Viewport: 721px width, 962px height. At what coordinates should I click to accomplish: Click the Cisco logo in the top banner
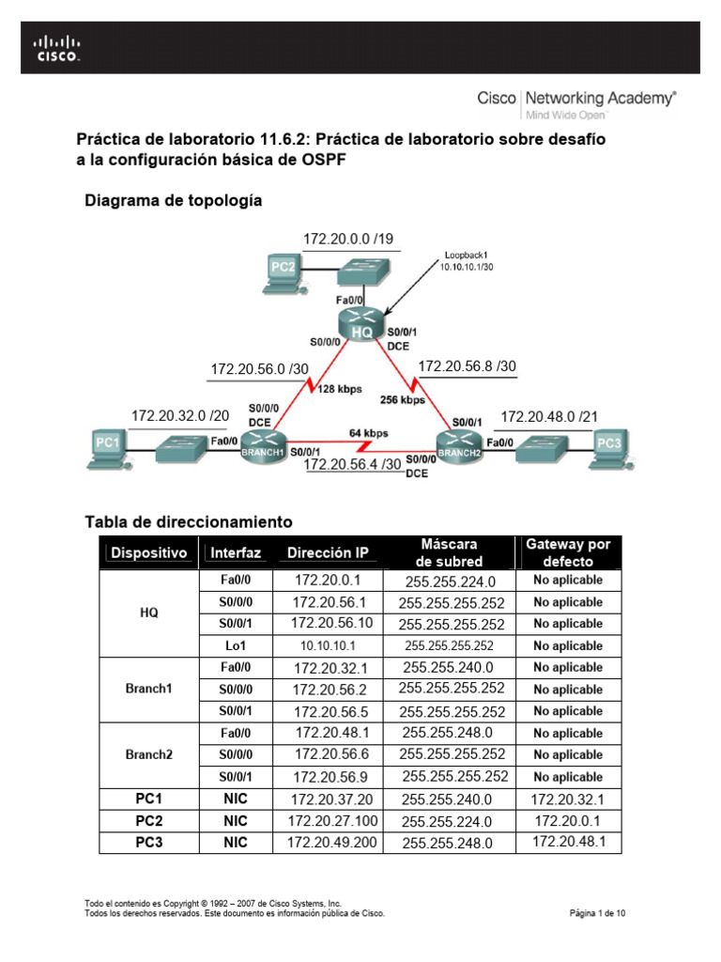(x=57, y=48)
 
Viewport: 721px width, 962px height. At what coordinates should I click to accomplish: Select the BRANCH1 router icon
(x=260, y=441)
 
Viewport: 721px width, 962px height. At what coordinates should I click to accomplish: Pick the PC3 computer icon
(x=609, y=445)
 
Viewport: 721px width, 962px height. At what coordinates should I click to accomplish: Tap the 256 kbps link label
(x=403, y=399)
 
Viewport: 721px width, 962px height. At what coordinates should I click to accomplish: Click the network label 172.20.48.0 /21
(x=548, y=416)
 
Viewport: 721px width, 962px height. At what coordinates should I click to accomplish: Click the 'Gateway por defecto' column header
(x=568, y=552)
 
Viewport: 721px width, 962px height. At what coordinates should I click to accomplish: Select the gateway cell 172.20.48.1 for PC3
(x=568, y=842)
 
